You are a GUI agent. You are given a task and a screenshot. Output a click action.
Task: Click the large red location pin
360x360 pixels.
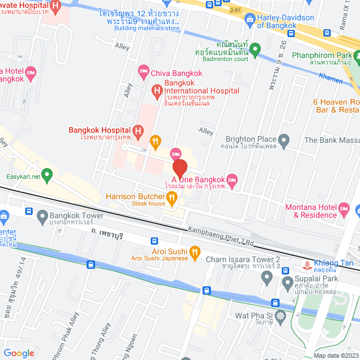tap(179, 169)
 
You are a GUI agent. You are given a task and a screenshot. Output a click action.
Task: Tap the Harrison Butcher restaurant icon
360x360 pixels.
tap(173, 197)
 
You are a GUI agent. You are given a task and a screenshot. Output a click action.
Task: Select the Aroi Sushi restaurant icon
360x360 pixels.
tap(195, 252)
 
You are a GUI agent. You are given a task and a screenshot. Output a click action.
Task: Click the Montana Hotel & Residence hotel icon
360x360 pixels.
tap(345, 209)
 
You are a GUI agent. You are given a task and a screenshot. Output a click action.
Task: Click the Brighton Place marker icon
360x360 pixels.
tap(285, 139)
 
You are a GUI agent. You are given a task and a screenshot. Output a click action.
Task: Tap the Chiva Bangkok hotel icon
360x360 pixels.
tap(143, 70)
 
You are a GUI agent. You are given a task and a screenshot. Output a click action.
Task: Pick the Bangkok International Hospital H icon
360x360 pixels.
tap(157, 90)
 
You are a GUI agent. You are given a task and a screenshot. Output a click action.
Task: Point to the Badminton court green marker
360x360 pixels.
tap(255, 50)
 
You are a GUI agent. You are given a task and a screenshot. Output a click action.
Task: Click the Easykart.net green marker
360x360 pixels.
tap(48, 176)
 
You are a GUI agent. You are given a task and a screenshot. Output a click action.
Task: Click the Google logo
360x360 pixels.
tap(19, 353)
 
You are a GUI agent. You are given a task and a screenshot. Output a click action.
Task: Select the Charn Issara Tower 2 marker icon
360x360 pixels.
tap(268, 276)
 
